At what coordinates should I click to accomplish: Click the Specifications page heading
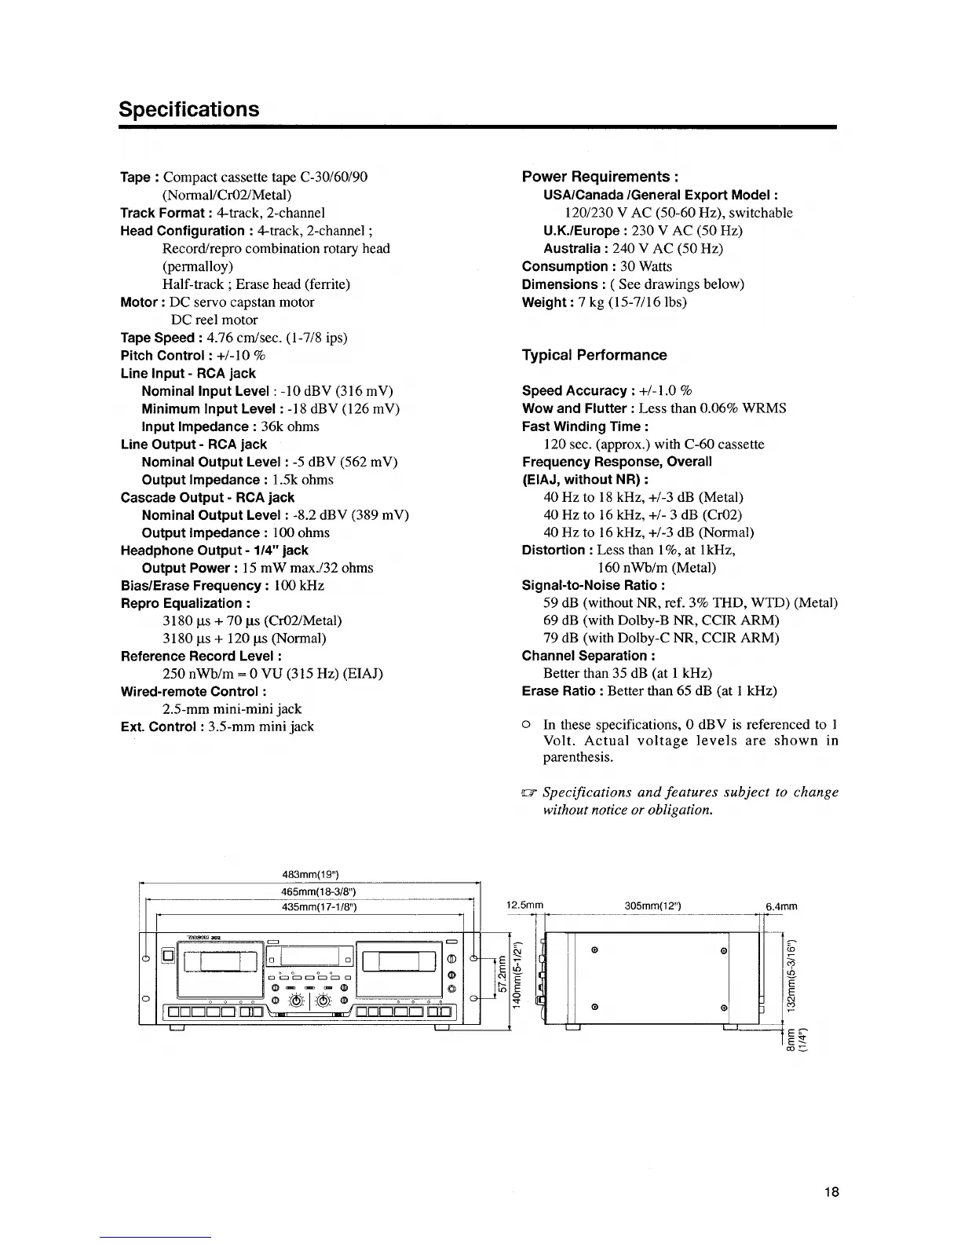(x=188, y=108)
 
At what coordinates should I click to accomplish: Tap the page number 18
(x=832, y=1192)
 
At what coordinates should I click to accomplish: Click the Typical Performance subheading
(x=594, y=355)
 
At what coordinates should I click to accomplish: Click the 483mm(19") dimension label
(x=309, y=876)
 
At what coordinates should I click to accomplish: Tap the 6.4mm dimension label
(x=781, y=906)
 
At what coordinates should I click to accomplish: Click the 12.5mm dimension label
(x=525, y=906)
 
